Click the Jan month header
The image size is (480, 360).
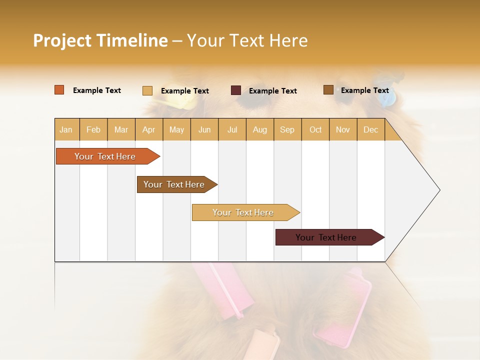pyautogui.click(x=66, y=129)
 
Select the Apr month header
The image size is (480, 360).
pyautogui.click(x=148, y=129)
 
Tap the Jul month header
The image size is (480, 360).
pyautogui.click(x=232, y=129)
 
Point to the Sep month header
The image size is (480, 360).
pyautogui.click(x=287, y=129)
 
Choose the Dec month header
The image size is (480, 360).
pyautogui.click(x=370, y=129)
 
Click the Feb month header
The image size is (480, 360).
pyautogui.click(x=93, y=129)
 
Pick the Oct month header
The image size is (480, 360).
pyautogui.click(x=315, y=129)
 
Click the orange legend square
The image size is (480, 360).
pyautogui.click(x=59, y=90)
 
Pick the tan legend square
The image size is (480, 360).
pyautogui.click(x=147, y=90)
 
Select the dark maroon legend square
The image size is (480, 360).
pyautogui.click(x=236, y=90)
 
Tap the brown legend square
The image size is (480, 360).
pyautogui.click(x=328, y=90)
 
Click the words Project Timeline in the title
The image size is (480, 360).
pyautogui.click(x=100, y=40)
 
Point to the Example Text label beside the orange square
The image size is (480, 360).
pyautogui.click(x=97, y=90)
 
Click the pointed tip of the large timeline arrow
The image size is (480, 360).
pyautogui.click(x=438, y=190)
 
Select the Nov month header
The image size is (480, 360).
pyautogui.click(x=343, y=129)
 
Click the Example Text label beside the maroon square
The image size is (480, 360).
pyautogui.click(x=273, y=91)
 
